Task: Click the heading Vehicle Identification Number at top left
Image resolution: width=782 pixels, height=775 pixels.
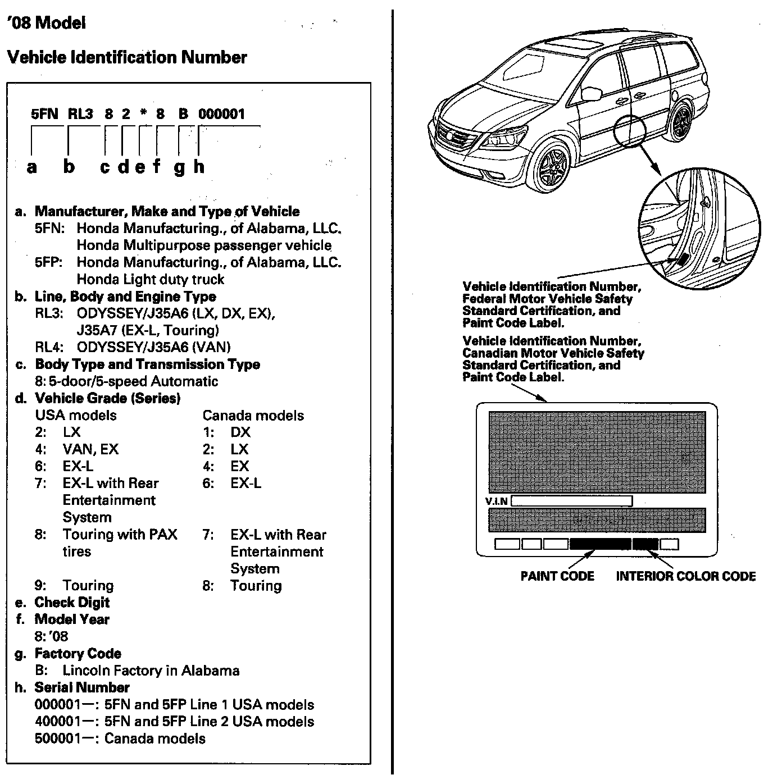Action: point(127,57)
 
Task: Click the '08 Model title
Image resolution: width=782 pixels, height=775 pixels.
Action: point(47,23)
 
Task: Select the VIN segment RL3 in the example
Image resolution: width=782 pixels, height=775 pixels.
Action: point(80,114)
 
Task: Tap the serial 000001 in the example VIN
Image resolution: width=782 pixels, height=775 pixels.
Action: point(222,114)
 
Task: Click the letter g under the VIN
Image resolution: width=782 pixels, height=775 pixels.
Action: point(179,167)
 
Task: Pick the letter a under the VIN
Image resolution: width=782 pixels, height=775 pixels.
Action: point(32,167)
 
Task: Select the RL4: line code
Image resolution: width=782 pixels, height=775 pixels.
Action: point(49,347)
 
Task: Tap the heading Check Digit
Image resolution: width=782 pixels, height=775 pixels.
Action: point(72,603)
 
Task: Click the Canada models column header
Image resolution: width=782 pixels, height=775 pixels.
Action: point(253,416)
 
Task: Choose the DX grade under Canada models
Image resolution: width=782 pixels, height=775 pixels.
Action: point(240,432)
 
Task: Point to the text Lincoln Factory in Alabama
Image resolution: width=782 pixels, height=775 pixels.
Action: point(151,671)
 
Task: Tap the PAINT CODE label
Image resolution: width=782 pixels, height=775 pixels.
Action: point(557,576)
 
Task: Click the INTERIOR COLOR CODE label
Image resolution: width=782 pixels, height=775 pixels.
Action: point(686,576)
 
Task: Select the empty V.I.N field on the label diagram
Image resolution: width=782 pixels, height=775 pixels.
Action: point(571,501)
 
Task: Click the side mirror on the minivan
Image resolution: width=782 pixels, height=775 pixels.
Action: point(590,93)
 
